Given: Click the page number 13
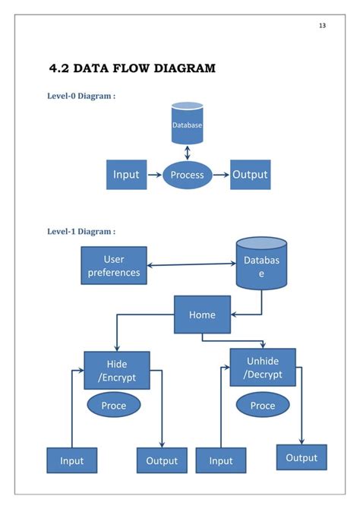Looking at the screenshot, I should [322, 26].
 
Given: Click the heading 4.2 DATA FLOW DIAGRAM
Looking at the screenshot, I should [132, 68].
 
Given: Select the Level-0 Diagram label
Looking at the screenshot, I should [81, 96].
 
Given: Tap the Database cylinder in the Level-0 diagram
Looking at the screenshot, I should [187, 124].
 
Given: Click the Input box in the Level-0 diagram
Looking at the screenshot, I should [126, 175].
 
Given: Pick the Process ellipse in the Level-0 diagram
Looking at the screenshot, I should [187, 175].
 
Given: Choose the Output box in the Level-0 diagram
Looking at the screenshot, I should [250, 175].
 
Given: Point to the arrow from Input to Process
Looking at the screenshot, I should [154, 175].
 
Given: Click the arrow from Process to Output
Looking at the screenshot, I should [220, 175].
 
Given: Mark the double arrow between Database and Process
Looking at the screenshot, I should [187, 154].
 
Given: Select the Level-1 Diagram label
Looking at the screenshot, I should [81, 231].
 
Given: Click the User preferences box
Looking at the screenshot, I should [114, 266].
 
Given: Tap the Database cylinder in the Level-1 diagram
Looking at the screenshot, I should [261, 266].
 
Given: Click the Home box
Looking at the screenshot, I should [202, 315].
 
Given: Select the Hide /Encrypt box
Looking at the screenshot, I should [116, 370].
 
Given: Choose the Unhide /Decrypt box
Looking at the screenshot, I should [262, 367].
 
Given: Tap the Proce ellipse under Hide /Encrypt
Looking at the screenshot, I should [113, 406].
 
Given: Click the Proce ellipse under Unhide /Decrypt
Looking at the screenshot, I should [262, 406].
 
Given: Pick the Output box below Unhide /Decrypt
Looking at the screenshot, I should [302, 457].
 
